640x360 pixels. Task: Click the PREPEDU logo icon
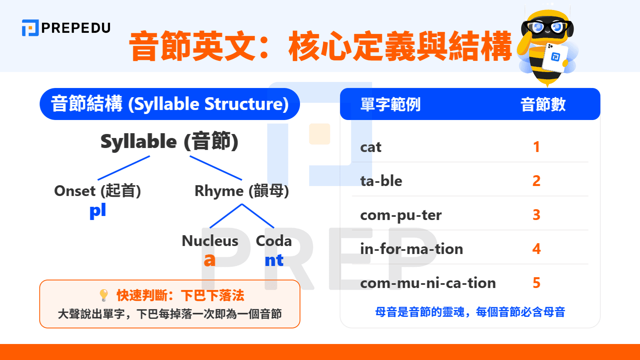tap(30, 28)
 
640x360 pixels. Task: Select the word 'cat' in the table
tap(371, 147)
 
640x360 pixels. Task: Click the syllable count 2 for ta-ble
tap(536, 181)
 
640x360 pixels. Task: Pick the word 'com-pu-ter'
tap(401, 215)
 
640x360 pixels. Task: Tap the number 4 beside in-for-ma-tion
tap(536, 249)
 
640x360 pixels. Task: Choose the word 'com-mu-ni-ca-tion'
tap(428, 283)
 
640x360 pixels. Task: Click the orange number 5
tap(536, 283)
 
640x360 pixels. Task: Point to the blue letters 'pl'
tap(98, 211)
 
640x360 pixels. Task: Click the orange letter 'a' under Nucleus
tap(209, 260)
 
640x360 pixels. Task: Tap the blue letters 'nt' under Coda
tap(274, 260)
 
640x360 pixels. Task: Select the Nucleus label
tap(210, 241)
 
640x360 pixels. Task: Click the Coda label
tap(274, 241)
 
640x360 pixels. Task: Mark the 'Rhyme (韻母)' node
tap(242, 191)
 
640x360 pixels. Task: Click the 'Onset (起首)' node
tap(98, 191)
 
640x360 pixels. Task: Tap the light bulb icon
tap(104, 295)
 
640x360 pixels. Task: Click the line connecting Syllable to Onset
tap(124, 168)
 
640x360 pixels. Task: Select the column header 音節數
tap(543, 104)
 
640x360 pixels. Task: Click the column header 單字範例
tap(390, 104)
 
